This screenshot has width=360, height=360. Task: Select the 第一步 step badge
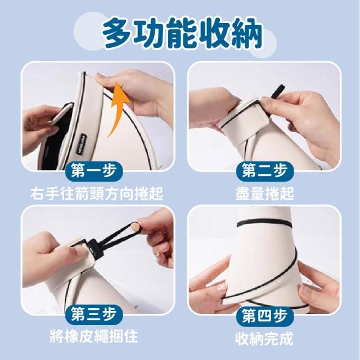tap(93, 170)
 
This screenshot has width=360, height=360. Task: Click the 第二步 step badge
tap(265, 170)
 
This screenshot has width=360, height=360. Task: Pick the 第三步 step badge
tap(93, 314)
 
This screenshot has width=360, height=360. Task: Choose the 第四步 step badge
tap(265, 315)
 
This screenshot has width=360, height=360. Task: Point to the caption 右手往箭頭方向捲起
tap(97, 193)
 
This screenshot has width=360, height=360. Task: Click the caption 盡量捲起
tap(265, 193)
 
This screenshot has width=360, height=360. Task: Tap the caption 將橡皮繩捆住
tap(94, 336)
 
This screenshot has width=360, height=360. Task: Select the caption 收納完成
tap(264, 338)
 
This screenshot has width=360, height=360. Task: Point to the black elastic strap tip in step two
tap(277, 91)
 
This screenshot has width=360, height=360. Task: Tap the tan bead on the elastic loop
tap(135, 227)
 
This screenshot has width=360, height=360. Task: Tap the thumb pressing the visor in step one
tap(106, 78)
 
